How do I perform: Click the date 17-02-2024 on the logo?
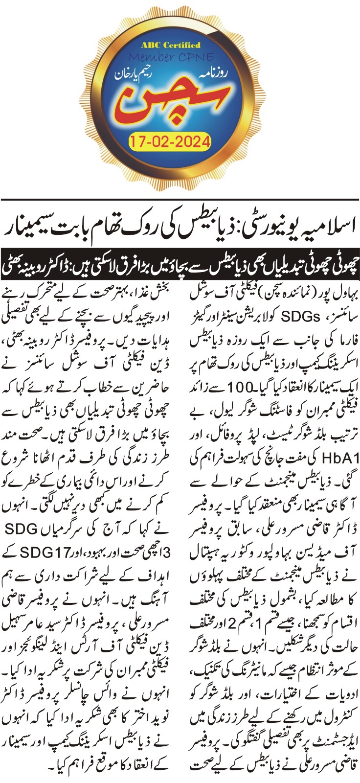click(x=170, y=142)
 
